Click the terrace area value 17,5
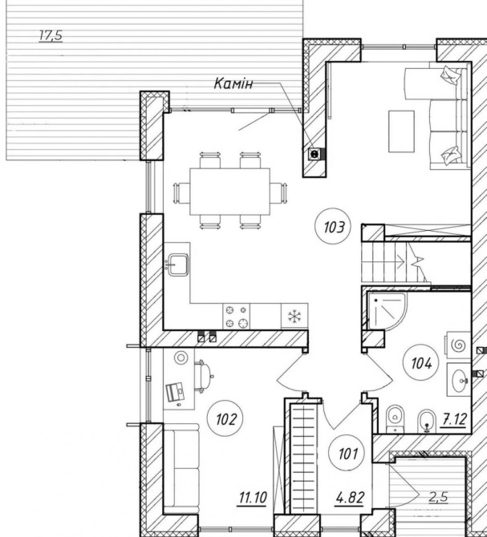point(51,35)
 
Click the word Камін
point(233,83)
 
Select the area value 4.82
point(350,498)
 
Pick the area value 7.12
point(455,419)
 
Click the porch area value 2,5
point(438,497)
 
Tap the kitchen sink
point(178,264)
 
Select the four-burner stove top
point(236,317)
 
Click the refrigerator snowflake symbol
point(294,317)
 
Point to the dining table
point(229,192)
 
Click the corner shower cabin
point(387,311)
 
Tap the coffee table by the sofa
point(401,131)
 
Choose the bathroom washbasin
point(459,380)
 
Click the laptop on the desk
point(175,391)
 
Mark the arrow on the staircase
point(401,263)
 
